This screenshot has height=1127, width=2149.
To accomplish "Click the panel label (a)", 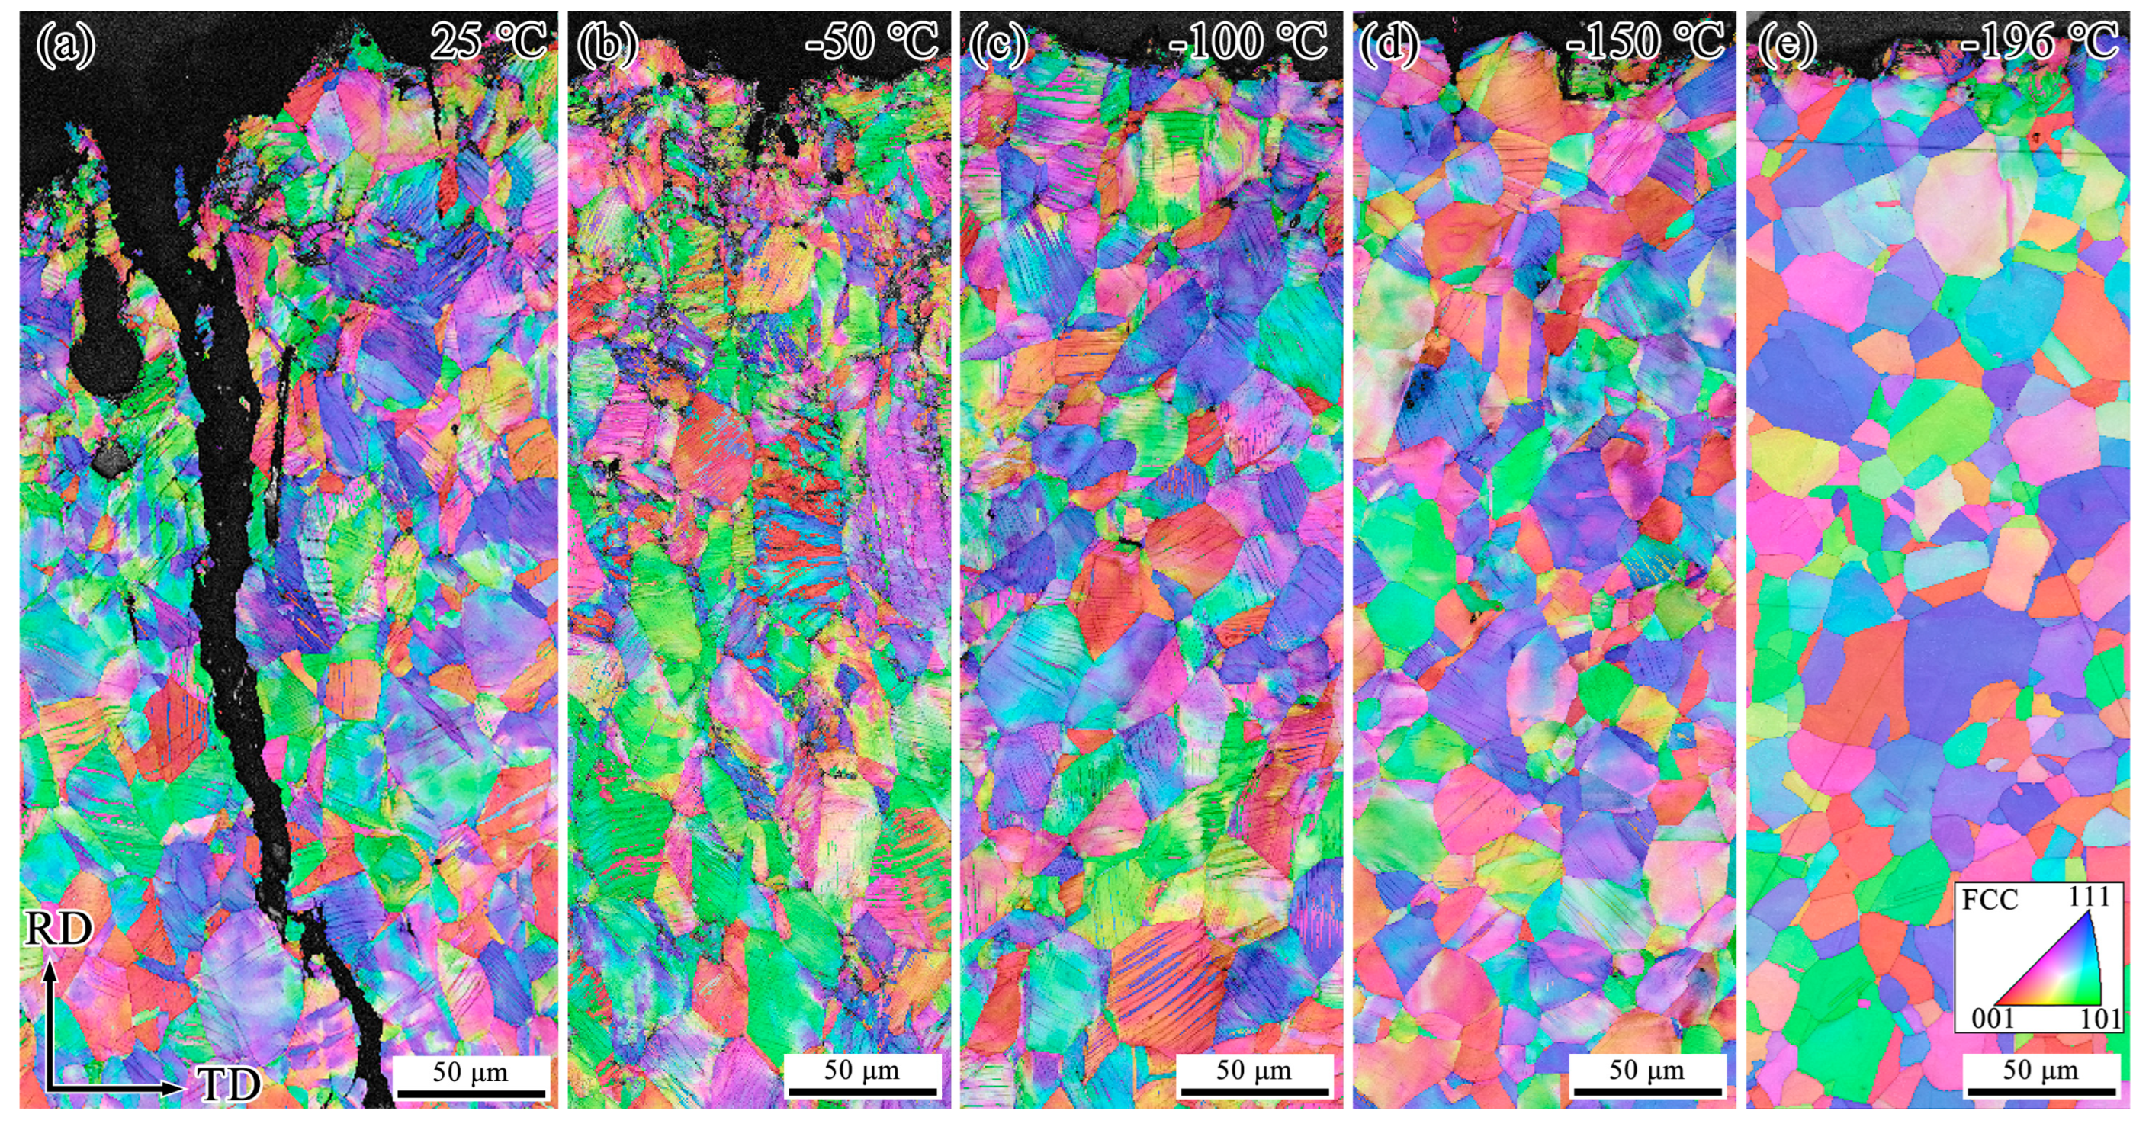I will click(64, 43).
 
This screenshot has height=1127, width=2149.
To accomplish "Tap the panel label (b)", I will click(606, 43).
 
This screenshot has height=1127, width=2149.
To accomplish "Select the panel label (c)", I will click(997, 43).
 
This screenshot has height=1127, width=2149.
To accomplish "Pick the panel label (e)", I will click(1787, 43).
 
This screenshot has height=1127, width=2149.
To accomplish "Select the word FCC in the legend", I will click(1990, 900).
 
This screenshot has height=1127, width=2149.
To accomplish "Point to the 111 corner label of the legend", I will click(2088, 897).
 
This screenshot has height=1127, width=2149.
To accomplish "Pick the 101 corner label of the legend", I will click(2099, 1019).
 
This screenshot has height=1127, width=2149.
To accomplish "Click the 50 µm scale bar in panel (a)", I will click(471, 1092).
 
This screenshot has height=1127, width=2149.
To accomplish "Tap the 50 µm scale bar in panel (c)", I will click(1254, 1090).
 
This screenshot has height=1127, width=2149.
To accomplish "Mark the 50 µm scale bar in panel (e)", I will click(2041, 1090).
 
